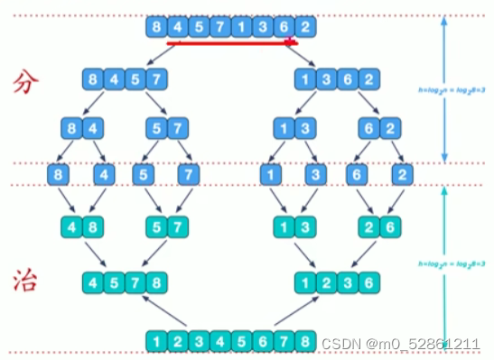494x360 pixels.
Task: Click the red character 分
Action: click(x=26, y=83)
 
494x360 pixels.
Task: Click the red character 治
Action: click(x=26, y=282)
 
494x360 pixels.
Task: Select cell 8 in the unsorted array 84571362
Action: click(x=157, y=27)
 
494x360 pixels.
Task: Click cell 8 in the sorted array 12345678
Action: click(x=307, y=341)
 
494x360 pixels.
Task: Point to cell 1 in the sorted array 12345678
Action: click(x=157, y=341)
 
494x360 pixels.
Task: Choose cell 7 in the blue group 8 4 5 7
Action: click(x=156, y=80)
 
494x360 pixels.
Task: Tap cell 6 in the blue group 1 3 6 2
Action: click(x=350, y=80)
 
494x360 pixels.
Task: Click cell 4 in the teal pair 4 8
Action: click(x=71, y=226)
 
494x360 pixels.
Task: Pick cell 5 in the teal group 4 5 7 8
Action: click(x=113, y=282)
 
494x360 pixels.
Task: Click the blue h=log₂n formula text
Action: click(x=443, y=89)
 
